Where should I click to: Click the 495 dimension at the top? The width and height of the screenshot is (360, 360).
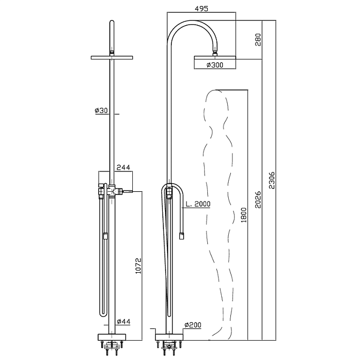point(202,9)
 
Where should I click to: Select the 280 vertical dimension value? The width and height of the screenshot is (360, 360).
point(258,40)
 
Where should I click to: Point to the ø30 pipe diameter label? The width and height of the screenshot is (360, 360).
point(101,111)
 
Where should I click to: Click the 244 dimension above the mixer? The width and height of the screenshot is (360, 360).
point(124,168)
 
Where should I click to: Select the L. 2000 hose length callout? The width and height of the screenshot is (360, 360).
point(198,204)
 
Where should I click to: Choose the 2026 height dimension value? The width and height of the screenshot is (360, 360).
point(258,199)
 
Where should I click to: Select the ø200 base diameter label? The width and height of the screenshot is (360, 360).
point(192,325)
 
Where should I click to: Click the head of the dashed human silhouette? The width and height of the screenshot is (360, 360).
point(218,104)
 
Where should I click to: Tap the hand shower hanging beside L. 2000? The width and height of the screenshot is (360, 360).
point(183,235)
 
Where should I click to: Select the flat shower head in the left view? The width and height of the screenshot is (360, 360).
point(111,56)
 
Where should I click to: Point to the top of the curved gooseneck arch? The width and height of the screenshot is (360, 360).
point(193,23)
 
